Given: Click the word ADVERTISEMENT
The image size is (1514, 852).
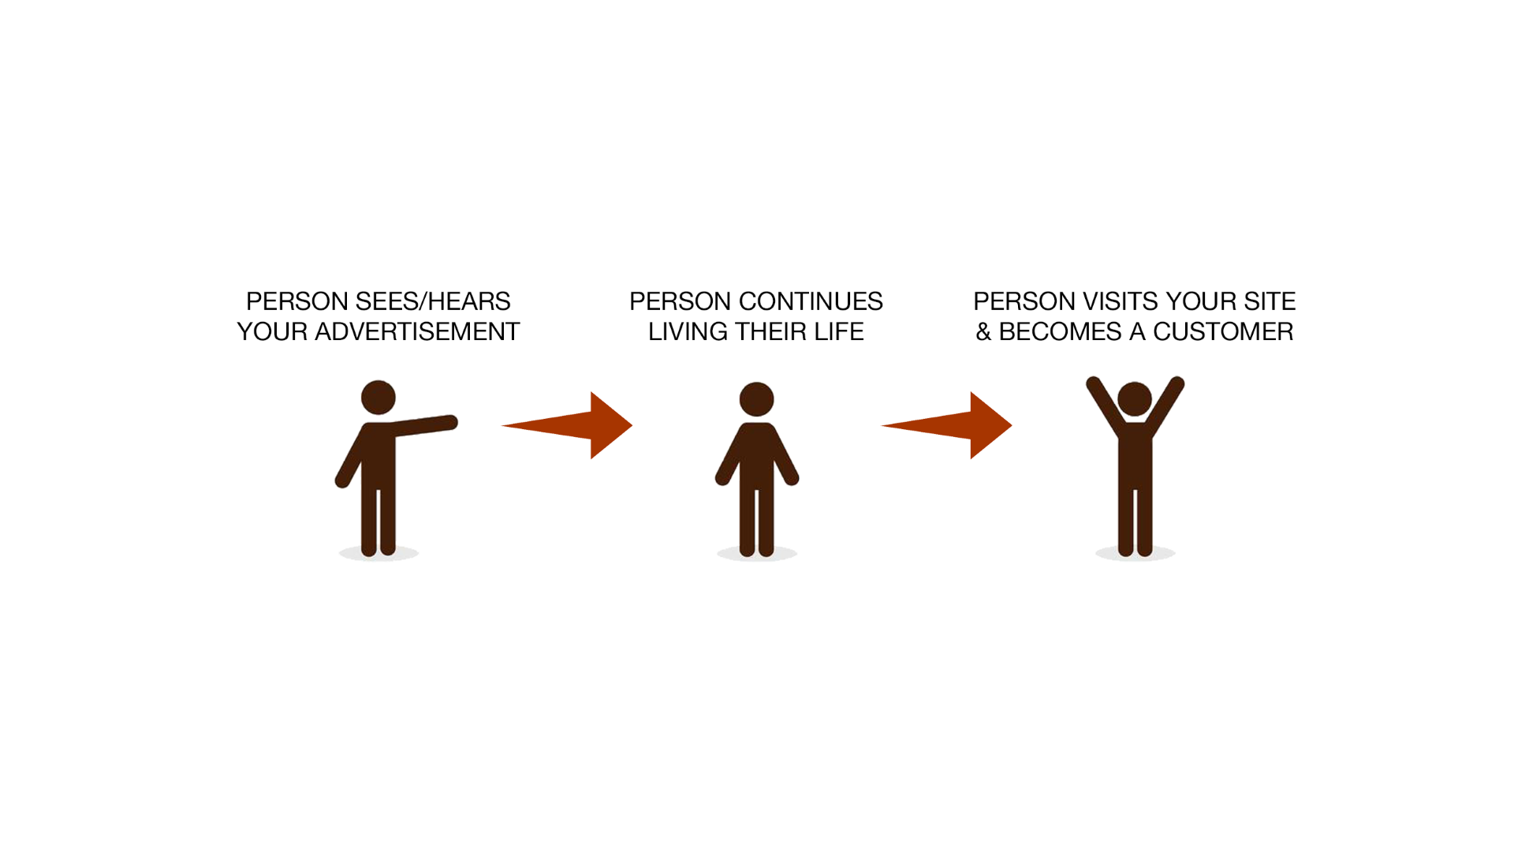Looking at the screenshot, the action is click(x=417, y=331).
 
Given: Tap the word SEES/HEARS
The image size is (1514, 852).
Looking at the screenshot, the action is click(x=433, y=301).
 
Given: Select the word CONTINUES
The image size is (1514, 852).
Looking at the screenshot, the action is click(x=811, y=301).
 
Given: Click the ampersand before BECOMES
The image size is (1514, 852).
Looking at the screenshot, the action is click(x=983, y=331).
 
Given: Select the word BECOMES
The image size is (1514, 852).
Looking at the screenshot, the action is click(x=1060, y=331).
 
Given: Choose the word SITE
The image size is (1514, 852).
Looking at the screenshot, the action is click(x=1270, y=301).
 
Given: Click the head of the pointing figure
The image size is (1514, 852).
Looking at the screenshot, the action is click(x=378, y=398).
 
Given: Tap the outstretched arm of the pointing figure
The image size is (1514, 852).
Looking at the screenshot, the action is click(x=422, y=425).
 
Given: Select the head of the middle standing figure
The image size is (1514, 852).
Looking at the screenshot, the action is click(x=757, y=399).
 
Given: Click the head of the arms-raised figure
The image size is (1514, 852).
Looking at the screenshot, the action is click(x=1135, y=399).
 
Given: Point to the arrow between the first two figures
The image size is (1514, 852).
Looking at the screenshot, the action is click(x=567, y=425).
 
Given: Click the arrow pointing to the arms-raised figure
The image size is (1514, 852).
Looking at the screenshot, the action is click(x=946, y=425).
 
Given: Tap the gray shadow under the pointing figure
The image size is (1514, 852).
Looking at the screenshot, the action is click(x=378, y=553).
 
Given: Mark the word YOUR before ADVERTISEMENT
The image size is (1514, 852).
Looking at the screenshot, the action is click(x=272, y=331).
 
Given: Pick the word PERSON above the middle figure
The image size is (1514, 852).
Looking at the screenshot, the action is click(x=681, y=301).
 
